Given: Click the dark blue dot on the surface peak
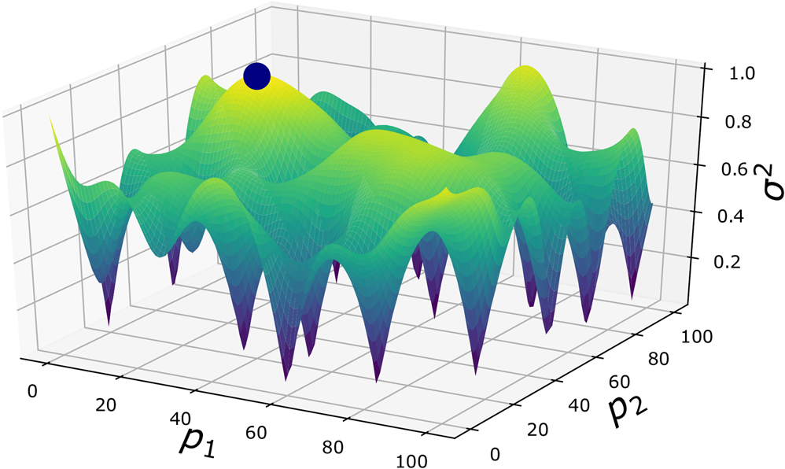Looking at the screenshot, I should click(256, 76).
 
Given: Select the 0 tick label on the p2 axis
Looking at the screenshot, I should click(494, 454).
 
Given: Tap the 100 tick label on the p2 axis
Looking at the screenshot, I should click(697, 337).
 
